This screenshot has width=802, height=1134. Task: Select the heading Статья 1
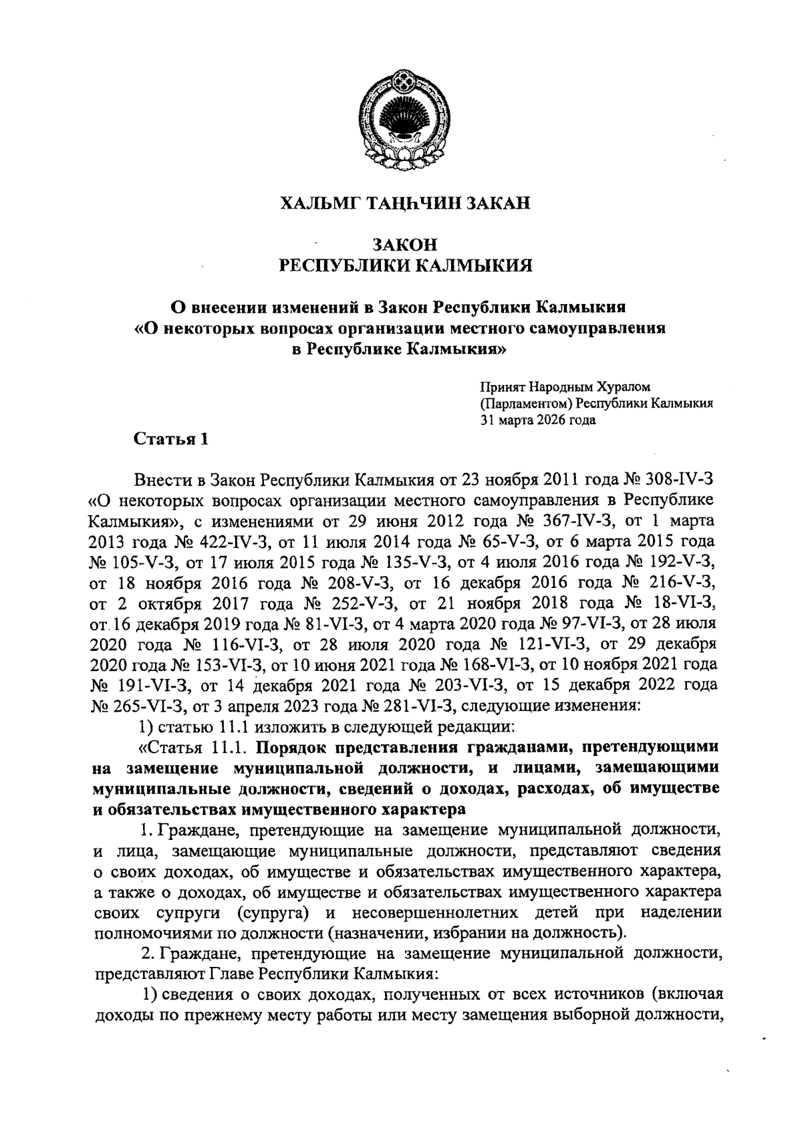click(x=171, y=439)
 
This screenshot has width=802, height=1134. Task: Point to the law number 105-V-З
click(x=133, y=558)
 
